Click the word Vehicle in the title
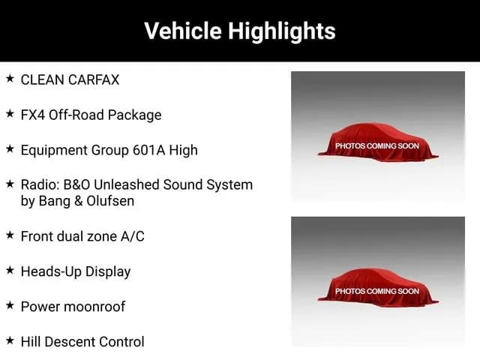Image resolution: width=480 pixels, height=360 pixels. [183, 31]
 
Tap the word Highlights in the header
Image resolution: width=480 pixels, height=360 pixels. [282, 31]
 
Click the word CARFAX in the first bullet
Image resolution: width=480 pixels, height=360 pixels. [94, 80]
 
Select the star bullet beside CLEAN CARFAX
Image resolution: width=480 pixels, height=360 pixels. [10, 78]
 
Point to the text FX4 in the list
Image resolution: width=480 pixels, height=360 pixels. [33, 115]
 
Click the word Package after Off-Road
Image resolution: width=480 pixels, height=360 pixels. [135, 115]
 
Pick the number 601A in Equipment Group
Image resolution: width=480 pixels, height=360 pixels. [149, 150]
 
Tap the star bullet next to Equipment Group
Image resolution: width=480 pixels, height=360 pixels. [10, 148]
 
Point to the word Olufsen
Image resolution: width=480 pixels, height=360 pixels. [110, 201]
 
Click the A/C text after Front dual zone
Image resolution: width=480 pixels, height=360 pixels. [132, 236]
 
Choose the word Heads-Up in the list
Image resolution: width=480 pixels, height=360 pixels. [51, 271]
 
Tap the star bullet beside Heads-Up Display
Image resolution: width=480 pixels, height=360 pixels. [10, 270]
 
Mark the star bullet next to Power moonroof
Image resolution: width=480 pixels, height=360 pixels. [10, 305]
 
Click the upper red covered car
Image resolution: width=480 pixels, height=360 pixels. [378, 142]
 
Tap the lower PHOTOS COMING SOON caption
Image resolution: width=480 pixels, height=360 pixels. [377, 291]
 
